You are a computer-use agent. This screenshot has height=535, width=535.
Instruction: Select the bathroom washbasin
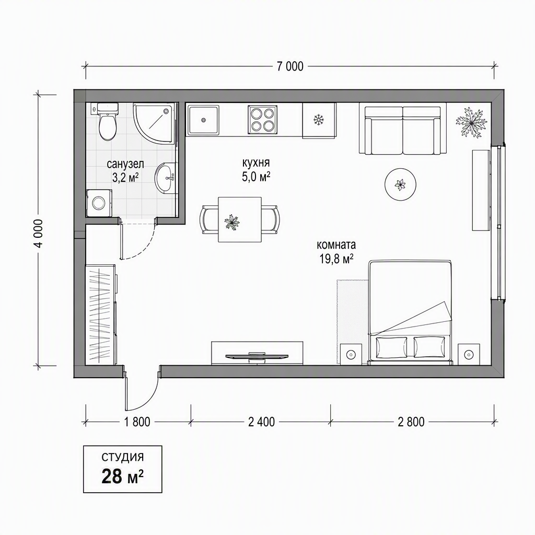tap(166, 178)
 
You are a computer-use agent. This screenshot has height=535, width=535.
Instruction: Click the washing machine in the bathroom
tap(99, 203)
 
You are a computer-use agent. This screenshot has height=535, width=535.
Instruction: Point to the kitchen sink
tap(204, 120)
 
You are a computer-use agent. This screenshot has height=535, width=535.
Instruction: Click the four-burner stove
tap(262, 120)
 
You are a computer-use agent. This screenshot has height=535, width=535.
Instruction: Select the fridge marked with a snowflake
tap(319, 121)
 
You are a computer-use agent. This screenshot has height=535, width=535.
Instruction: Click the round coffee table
tap(400, 185)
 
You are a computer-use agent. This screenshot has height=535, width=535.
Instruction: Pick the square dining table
tap(240, 219)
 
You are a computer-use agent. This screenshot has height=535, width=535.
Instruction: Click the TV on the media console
tap(257, 356)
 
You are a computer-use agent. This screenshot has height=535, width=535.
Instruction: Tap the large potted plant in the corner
tap(472, 122)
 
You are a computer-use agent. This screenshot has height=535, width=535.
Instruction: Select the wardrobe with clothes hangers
tap(100, 315)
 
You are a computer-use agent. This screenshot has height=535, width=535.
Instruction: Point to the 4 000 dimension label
tap(40, 234)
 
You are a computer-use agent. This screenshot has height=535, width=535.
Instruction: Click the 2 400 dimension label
tap(261, 422)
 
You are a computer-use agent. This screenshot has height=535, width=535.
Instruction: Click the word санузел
tap(125, 164)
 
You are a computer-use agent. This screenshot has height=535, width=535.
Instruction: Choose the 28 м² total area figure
tap(122, 476)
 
